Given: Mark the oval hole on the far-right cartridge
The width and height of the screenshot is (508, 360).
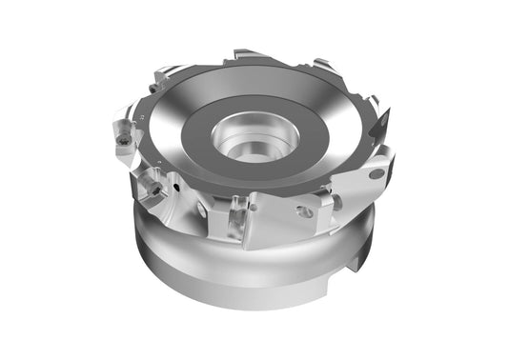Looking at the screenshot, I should click(x=376, y=174).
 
